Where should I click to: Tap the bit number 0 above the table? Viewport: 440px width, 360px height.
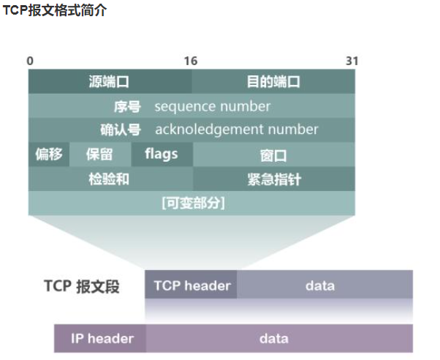30,61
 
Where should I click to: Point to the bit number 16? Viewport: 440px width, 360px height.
191,61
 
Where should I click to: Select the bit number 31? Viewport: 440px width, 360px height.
352,61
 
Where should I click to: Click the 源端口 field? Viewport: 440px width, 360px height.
110,81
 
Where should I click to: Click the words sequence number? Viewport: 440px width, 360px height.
212,106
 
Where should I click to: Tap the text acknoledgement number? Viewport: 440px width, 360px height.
237,130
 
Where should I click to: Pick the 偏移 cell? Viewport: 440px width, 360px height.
49,154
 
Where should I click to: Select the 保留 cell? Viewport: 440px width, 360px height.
99,154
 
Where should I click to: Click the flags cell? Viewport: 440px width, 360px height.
161,154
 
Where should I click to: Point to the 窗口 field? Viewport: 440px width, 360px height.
273,155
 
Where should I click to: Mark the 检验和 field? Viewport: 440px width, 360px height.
109,179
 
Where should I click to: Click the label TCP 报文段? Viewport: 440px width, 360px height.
82,286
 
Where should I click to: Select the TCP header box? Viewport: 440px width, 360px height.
191,285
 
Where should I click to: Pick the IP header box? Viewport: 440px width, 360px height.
102,338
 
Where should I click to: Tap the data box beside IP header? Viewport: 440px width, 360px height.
273,338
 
